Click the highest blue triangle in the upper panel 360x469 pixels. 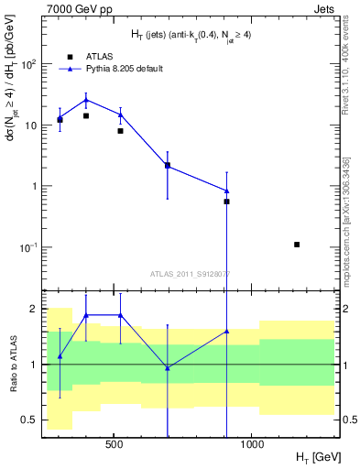click(86, 100)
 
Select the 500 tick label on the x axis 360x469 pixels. click(114, 444)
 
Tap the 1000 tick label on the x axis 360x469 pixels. click(252, 444)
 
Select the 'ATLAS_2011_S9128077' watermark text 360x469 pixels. click(190, 273)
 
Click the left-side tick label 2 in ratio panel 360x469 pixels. click(33, 309)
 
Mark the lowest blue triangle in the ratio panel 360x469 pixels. click(168, 367)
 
